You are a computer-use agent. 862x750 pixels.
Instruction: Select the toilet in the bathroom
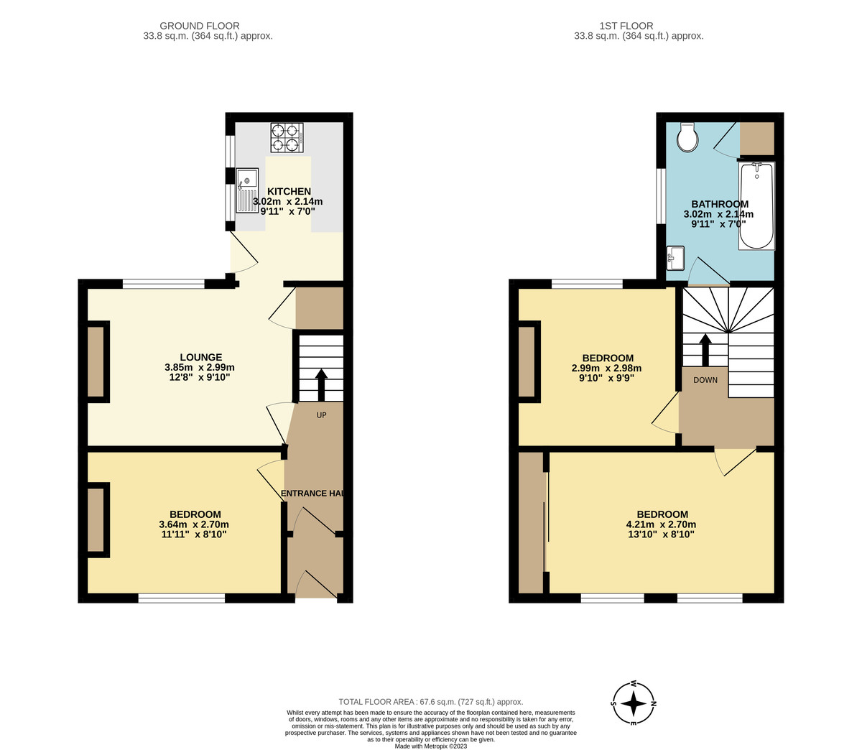[687, 136]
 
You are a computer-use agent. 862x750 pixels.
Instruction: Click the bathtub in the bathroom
[756, 205]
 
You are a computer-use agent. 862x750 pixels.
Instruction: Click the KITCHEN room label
[289, 191]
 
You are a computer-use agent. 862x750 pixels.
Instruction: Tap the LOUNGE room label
[200, 357]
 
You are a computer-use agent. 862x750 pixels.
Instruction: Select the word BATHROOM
[719, 204]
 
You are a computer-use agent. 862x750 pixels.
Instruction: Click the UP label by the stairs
[321, 415]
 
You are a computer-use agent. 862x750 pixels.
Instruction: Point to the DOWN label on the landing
[705, 380]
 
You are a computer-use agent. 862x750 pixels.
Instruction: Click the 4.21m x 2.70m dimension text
[662, 525]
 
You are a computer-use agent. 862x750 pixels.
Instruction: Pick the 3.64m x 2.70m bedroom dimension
[194, 525]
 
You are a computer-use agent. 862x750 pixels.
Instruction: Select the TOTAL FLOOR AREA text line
[430, 701]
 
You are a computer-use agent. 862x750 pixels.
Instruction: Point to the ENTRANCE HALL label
[311, 494]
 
